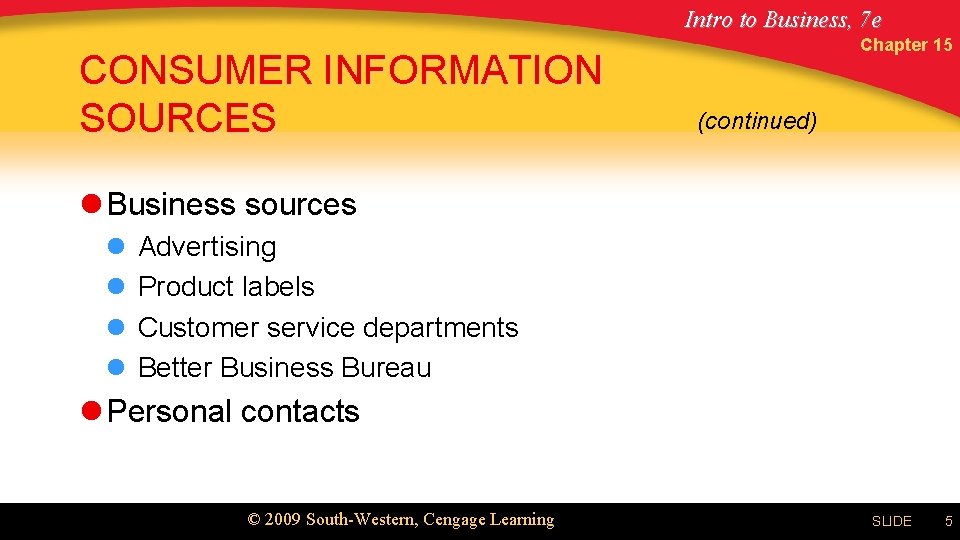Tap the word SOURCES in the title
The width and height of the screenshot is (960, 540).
pyautogui.click(x=177, y=118)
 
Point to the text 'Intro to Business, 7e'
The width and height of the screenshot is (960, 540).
pyautogui.click(x=782, y=19)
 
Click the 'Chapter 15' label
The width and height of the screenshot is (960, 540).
pyautogui.click(x=905, y=45)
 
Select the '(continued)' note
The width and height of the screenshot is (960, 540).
pyautogui.click(x=757, y=121)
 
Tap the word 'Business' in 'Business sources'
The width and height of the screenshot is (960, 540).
pyautogui.click(x=171, y=204)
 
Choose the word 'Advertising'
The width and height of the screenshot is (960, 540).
pyautogui.click(x=207, y=247)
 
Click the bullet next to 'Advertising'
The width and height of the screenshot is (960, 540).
pyautogui.click(x=115, y=246)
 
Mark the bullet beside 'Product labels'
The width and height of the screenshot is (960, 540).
pyautogui.click(x=115, y=287)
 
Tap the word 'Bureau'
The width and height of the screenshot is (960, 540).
pyautogui.click(x=386, y=368)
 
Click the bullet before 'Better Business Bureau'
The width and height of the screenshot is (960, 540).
pyautogui.click(x=115, y=368)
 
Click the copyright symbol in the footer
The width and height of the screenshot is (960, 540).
pyautogui.click(x=254, y=520)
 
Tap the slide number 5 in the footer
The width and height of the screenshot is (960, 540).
pyautogui.click(x=948, y=521)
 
